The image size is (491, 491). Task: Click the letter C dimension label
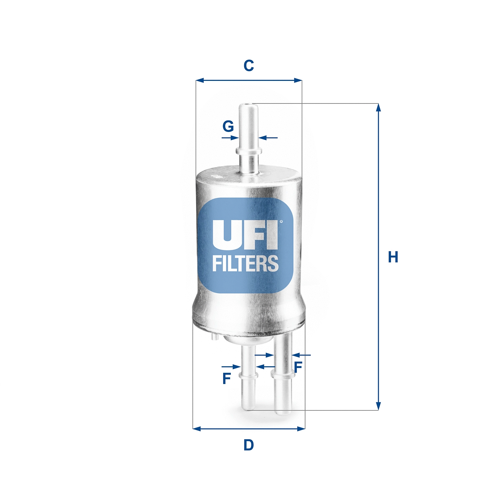[x=248, y=65]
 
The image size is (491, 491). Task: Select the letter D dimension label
[x=248, y=445]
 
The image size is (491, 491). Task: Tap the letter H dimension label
[x=393, y=257]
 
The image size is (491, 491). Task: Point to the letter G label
[x=228, y=126]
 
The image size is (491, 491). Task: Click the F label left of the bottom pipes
[x=227, y=378]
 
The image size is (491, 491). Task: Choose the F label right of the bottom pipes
[x=298, y=367]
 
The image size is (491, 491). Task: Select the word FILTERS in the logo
[x=245, y=264]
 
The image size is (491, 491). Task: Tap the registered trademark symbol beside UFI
[x=281, y=222]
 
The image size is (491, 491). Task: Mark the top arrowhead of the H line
[x=378, y=108]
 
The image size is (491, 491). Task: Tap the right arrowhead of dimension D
[x=301, y=428]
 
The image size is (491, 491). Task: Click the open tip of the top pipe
[x=248, y=106]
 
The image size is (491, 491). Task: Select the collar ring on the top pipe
[x=249, y=151]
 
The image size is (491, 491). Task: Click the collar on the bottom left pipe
[x=248, y=375]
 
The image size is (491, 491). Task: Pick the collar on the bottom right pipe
[x=282, y=374]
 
